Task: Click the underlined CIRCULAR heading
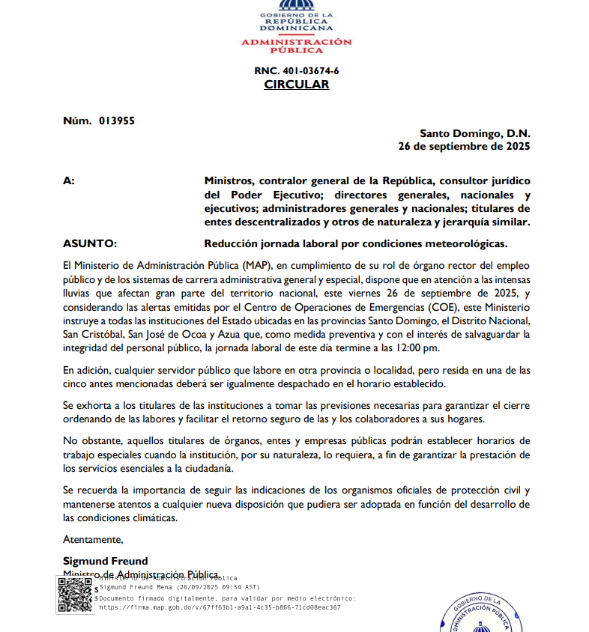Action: [x=296, y=85]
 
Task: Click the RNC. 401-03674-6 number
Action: [x=296, y=70]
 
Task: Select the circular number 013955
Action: [x=116, y=121]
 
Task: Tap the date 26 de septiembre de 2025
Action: [x=464, y=147]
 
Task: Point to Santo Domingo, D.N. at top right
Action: [x=474, y=133]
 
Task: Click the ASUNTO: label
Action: [x=90, y=243]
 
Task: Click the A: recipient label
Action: [x=69, y=181]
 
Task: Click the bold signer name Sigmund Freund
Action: [x=106, y=561]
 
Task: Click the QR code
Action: [x=75, y=595]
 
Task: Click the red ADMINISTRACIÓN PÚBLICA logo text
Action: [x=296, y=46]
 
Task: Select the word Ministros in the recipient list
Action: [x=229, y=181]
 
